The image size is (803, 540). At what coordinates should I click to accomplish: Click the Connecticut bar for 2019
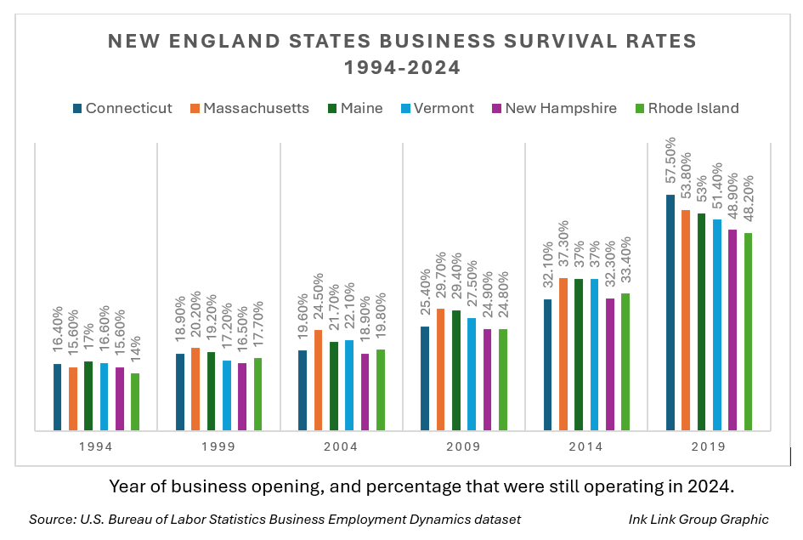pyautogui.click(x=670, y=313)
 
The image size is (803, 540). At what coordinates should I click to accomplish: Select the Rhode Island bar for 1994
pyautogui.click(x=135, y=402)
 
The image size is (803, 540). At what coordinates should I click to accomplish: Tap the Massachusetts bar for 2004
pyautogui.click(x=318, y=380)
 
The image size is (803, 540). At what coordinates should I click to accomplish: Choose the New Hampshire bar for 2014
pyautogui.click(x=610, y=364)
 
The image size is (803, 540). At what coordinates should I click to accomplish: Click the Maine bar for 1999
pyautogui.click(x=211, y=391)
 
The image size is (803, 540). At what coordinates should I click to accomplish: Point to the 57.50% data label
pyautogui.click(x=670, y=162)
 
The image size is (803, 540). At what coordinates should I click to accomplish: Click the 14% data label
pyautogui.click(x=135, y=349)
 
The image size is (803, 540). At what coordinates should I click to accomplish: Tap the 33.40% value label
pyautogui.click(x=625, y=261)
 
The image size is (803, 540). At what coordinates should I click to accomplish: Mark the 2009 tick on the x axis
pyautogui.click(x=463, y=446)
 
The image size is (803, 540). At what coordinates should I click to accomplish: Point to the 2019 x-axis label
pyautogui.click(x=709, y=446)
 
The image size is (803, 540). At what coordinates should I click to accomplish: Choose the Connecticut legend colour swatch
pyautogui.click(x=78, y=108)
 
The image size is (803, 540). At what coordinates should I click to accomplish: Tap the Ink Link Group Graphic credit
pyautogui.click(x=698, y=519)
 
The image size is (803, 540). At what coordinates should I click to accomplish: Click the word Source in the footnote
pyautogui.click(x=50, y=519)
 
